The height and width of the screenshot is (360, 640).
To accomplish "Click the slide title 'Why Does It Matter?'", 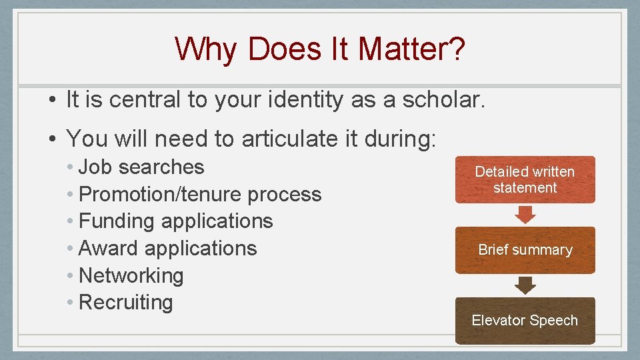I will tap(320, 49).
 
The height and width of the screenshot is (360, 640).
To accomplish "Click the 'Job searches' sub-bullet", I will tap(141, 167).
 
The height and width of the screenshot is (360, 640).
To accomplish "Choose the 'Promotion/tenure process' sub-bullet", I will tap(200, 194).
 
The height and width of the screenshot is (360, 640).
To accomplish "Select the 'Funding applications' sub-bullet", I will tap(175, 221).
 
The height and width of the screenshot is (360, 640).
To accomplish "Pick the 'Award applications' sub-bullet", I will tap(167, 248).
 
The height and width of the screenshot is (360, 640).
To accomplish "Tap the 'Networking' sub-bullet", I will tap(131, 275).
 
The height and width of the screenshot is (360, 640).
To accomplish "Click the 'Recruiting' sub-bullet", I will tap(125, 302).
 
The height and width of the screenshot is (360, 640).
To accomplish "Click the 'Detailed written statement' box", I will tap(525, 179).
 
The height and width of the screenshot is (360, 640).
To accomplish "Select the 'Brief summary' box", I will tap(525, 250).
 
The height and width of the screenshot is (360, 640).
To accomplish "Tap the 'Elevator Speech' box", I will tap(525, 321).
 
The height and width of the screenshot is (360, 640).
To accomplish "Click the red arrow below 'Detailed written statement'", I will tap(526, 214).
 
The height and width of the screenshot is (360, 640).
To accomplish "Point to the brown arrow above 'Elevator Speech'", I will tap(526, 285).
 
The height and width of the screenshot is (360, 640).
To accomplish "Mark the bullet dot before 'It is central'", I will tap(52, 101).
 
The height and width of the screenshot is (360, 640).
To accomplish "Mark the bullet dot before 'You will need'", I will tap(52, 139).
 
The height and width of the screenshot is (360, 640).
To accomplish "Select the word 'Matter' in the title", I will tap(402, 49).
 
